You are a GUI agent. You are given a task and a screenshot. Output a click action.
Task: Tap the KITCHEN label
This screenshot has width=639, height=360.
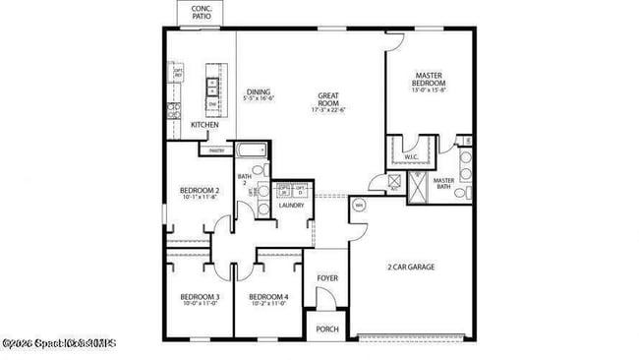click(204, 125)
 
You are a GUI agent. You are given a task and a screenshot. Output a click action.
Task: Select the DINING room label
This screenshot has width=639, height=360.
click(259, 91)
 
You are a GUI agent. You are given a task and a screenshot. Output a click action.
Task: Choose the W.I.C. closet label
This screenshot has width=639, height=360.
click(412, 157)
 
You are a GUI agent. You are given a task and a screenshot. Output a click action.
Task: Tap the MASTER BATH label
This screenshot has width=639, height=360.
click(443, 183)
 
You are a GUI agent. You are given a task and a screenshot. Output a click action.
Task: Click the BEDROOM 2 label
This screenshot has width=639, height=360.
click(199, 190)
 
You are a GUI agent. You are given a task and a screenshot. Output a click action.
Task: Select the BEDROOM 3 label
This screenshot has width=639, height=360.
click(199, 297)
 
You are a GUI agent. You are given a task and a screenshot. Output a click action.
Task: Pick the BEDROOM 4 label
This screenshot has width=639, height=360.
click(267, 297)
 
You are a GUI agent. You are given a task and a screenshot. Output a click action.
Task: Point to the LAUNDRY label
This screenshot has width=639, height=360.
click(291, 206)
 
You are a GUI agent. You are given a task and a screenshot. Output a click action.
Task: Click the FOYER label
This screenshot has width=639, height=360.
click(327, 278)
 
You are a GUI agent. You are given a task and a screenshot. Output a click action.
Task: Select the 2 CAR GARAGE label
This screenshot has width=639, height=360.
click(411, 267)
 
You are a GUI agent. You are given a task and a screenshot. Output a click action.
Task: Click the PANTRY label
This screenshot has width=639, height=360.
click(216, 150)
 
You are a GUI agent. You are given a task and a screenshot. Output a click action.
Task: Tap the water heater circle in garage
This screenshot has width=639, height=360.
click(359, 206)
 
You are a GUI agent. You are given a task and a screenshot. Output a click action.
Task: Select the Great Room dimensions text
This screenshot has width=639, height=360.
click(328, 108)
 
